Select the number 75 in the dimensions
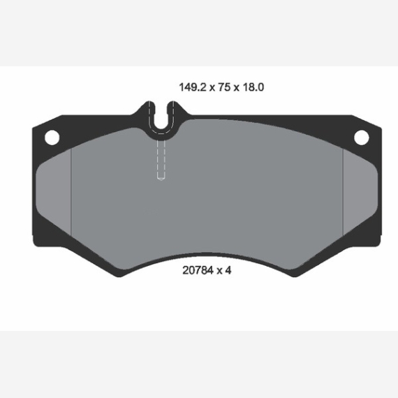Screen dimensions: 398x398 (x=224, y=87)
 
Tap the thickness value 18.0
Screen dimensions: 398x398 (x=253, y=87)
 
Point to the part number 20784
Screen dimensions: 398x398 (x=198, y=271)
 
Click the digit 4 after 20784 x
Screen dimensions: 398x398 (x=228, y=271)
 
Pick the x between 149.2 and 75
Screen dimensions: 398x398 (x=212, y=88)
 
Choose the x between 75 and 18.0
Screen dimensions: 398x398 (x=237, y=88)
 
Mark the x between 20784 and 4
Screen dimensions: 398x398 (x=219, y=272)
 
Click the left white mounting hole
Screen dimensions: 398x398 (x=52, y=138)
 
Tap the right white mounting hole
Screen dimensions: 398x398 (x=362, y=138)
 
